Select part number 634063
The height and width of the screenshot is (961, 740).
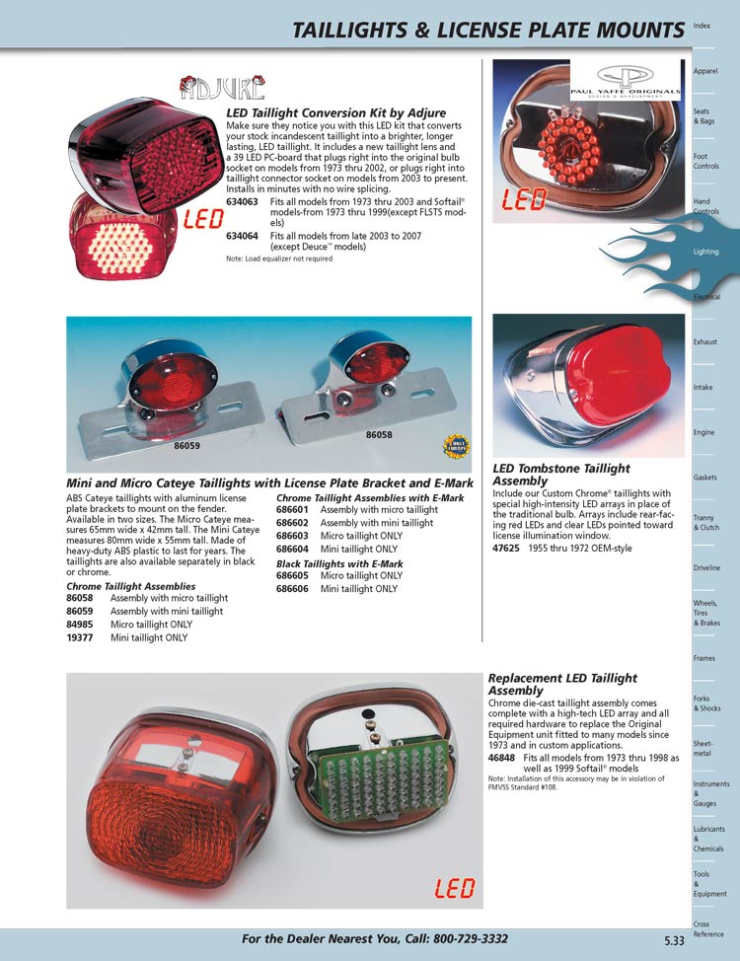tap(242, 201)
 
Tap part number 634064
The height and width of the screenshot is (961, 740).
tap(242, 237)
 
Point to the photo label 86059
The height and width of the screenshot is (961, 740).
tap(187, 445)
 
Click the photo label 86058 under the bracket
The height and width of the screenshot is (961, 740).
tap(379, 434)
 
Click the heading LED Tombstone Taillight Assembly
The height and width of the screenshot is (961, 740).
tap(560, 475)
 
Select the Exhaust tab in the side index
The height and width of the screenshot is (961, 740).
tap(705, 342)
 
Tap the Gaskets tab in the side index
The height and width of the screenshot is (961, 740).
tap(705, 478)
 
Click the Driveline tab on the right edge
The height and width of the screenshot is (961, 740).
tap(706, 568)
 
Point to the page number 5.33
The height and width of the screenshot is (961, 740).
tap(674, 941)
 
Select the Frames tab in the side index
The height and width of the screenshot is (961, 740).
tap(704, 658)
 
